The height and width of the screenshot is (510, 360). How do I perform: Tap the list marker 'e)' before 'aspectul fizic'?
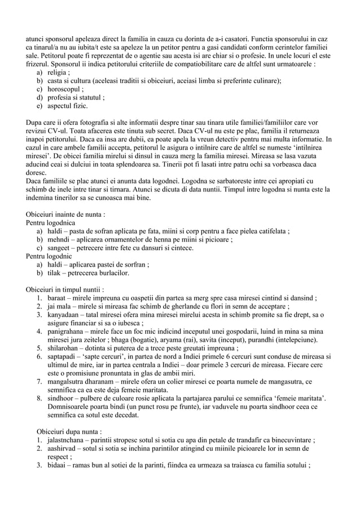(39, 105)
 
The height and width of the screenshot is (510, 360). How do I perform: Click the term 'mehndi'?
(60, 239)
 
